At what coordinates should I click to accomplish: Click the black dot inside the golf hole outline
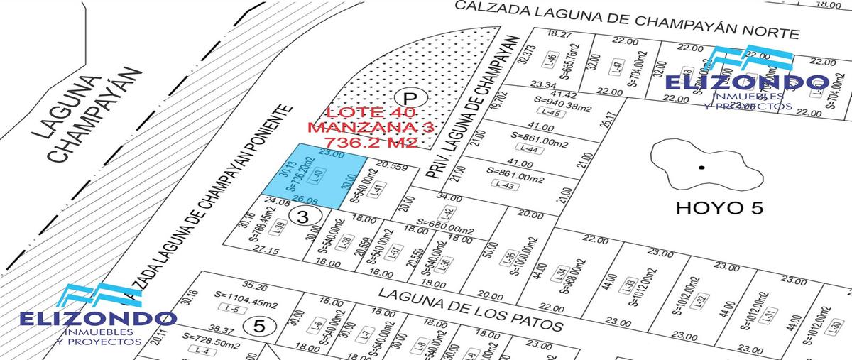(701, 168)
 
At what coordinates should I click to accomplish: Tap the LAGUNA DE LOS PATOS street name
(470, 309)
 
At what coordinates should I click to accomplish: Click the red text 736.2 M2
(363, 142)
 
